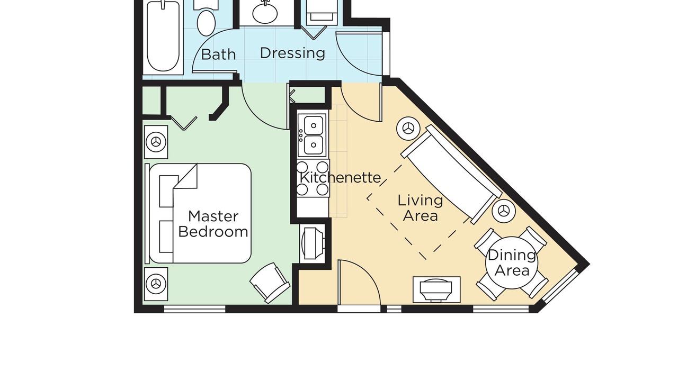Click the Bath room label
[x=218, y=55]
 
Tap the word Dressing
[x=292, y=53]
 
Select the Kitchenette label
[x=340, y=177]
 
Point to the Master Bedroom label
[x=213, y=224]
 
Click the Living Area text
[x=421, y=208]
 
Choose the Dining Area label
[x=512, y=263]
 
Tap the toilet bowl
[x=206, y=23]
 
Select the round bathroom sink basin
[x=265, y=14]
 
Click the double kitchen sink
[x=313, y=135]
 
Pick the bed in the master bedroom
[x=200, y=213]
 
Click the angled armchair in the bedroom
[x=270, y=283]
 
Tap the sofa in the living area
[x=450, y=174]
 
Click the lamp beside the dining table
[x=504, y=211]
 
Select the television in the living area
[x=436, y=289]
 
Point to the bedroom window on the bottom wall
[x=194, y=309]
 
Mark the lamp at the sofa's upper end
[x=408, y=129]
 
